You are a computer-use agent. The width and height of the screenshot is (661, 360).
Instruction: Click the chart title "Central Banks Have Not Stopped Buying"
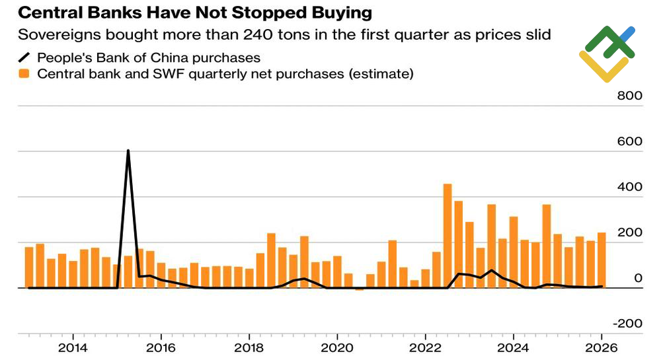point(195,13)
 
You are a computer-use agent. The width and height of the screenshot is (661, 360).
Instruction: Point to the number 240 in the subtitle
point(259,34)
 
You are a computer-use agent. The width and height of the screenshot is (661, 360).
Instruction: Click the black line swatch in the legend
point(24,57)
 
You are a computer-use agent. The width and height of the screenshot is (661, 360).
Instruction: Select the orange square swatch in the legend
point(24,74)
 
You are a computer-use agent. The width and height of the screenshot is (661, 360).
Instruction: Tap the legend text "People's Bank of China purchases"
point(149,57)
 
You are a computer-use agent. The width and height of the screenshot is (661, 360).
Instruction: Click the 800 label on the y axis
point(630,96)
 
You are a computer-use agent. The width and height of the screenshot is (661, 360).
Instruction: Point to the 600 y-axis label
point(630,141)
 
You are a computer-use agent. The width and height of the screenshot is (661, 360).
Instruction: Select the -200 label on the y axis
point(628,324)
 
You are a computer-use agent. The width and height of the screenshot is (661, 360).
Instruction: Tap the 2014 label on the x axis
point(73,348)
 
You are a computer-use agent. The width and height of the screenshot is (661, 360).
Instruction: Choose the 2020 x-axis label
point(337,348)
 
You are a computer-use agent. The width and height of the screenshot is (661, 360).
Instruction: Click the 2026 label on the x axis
point(602,348)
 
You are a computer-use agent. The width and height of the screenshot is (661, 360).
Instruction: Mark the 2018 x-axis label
point(249,348)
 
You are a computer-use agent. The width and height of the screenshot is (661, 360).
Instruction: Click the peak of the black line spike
point(128,151)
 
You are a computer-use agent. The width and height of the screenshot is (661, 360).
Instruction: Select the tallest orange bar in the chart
point(447,236)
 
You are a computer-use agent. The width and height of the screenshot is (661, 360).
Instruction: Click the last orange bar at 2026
point(602,260)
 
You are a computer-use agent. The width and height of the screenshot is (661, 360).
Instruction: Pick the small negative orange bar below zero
point(359,289)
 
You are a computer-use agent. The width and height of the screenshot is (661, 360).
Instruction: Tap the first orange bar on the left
point(29,268)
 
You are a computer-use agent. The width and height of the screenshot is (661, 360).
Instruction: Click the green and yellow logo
point(607,54)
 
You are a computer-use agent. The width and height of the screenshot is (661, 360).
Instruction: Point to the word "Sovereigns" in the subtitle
point(59,35)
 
